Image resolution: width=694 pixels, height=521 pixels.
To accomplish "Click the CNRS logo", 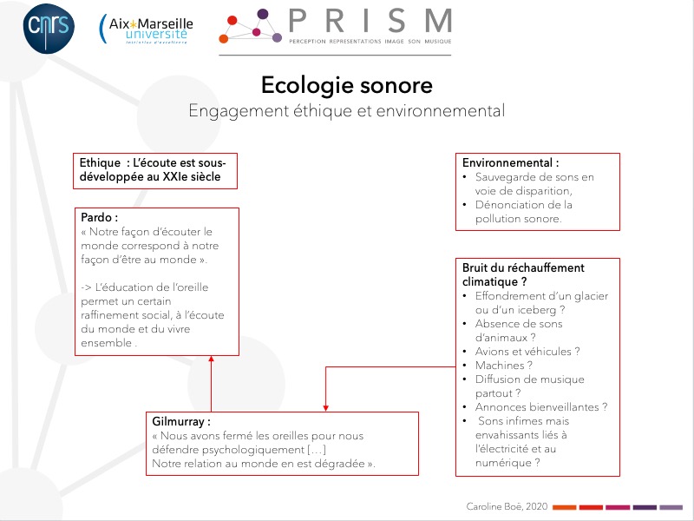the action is tap(49, 29).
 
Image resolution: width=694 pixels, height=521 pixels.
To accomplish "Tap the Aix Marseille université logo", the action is tap(146, 29).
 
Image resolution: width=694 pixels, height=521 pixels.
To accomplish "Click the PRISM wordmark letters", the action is tap(370, 20).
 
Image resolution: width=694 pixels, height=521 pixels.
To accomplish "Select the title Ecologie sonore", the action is tap(346, 85).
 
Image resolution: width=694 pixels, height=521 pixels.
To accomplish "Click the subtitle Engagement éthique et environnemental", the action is tap(346, 111).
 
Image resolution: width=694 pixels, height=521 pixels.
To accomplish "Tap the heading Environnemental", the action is tap(507, 162).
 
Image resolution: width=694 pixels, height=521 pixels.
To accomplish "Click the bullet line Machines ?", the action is tap(504, 366).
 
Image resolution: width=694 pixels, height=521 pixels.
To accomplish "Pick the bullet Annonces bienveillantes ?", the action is tap(541, 407).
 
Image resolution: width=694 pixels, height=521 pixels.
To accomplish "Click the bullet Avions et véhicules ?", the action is tap(527, 352).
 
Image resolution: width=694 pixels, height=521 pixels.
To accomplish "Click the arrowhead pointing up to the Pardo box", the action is tap(211, 359).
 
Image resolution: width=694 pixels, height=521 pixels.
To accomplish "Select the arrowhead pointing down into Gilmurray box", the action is tap(326, 408).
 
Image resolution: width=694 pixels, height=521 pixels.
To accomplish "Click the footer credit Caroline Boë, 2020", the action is tap(507, 506).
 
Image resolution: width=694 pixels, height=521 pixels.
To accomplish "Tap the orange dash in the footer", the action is tap(565, 507).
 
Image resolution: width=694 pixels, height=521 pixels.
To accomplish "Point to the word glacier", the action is tap(592, 296).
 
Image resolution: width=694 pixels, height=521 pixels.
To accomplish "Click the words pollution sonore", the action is tap(518, 219).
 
